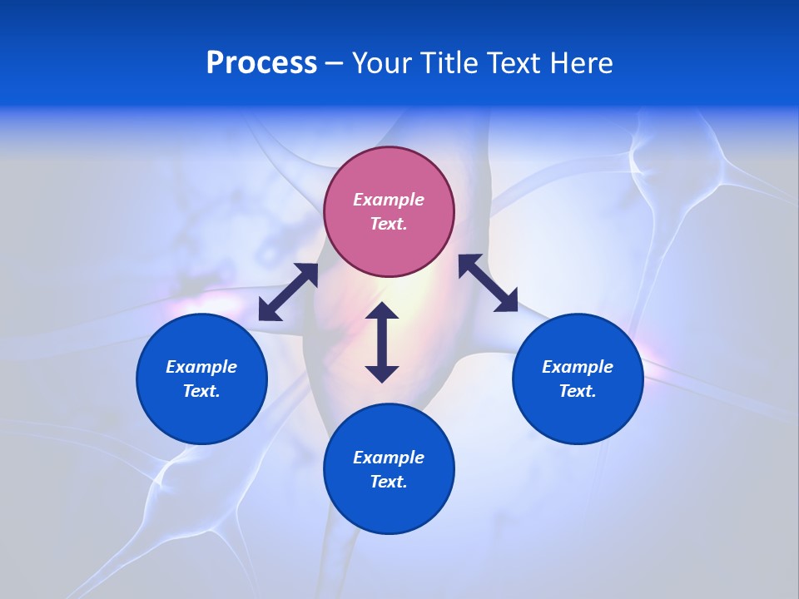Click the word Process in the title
point(261,63)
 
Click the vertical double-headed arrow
point(382,342)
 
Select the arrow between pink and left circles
point(288,292)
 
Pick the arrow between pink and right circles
point(488,283)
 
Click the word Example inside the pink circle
point(389,200)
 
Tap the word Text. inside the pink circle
point(389,224)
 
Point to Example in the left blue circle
point(201,367)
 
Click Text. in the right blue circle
point(578,391)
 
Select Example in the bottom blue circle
point(389,458)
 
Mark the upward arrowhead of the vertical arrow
point(382,311)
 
